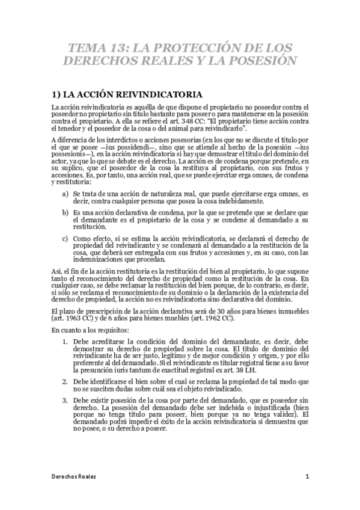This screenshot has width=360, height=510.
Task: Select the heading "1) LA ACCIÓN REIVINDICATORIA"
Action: (126, 94)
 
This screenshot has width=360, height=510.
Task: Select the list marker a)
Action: (65, 194)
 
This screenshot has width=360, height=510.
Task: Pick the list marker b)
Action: (65, 213)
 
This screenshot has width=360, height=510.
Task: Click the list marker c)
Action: (65, 238)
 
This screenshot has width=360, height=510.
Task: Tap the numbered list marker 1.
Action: (66, 342)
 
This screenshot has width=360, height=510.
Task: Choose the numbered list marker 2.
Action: (66, 381)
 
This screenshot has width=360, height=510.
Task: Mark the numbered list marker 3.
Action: (66, 400)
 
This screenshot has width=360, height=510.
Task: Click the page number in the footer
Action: (307, 476)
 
